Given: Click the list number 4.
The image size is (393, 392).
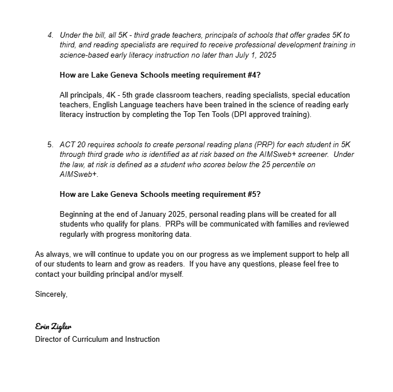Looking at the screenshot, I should point(50,35).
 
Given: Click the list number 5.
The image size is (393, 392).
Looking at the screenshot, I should point(50,144).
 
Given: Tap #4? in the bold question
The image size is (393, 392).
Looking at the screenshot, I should point(252,75).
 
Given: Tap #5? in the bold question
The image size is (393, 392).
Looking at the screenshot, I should point(252,194).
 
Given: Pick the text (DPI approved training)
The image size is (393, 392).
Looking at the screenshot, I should point(279,115).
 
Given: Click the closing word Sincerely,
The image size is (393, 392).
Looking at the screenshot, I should point(51,294).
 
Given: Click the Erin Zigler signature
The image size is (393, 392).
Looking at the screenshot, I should point(53,326).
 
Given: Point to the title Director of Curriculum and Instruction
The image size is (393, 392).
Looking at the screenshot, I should point(97,339).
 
